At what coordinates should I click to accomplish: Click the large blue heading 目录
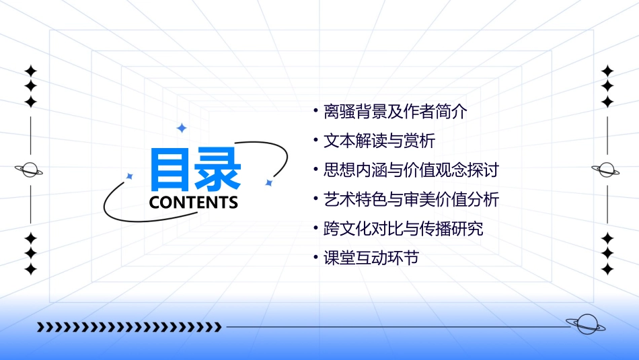[195, 170]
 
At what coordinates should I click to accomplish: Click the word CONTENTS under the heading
[194, 203]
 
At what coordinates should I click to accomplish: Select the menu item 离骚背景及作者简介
[395, 112]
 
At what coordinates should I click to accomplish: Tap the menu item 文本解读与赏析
[379, 141]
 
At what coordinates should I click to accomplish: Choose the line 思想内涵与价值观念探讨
[411, 170]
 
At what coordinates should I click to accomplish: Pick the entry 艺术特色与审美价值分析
[411, 199]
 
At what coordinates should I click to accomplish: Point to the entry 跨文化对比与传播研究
[403, 228]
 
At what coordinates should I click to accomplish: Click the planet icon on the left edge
[29, 170]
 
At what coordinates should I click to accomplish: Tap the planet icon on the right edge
[605, 170]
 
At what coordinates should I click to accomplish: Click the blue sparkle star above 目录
[181, 128]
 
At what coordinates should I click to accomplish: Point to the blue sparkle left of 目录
[130, 176]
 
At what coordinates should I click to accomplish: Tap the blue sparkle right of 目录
[268, 182]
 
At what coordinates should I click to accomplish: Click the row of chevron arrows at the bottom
[129, 327]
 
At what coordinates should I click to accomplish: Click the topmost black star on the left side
[30, 71]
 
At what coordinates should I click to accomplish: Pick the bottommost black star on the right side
[607, 269]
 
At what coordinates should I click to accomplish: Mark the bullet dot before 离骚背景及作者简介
[315, 111]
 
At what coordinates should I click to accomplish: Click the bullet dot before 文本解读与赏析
[315, 141]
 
